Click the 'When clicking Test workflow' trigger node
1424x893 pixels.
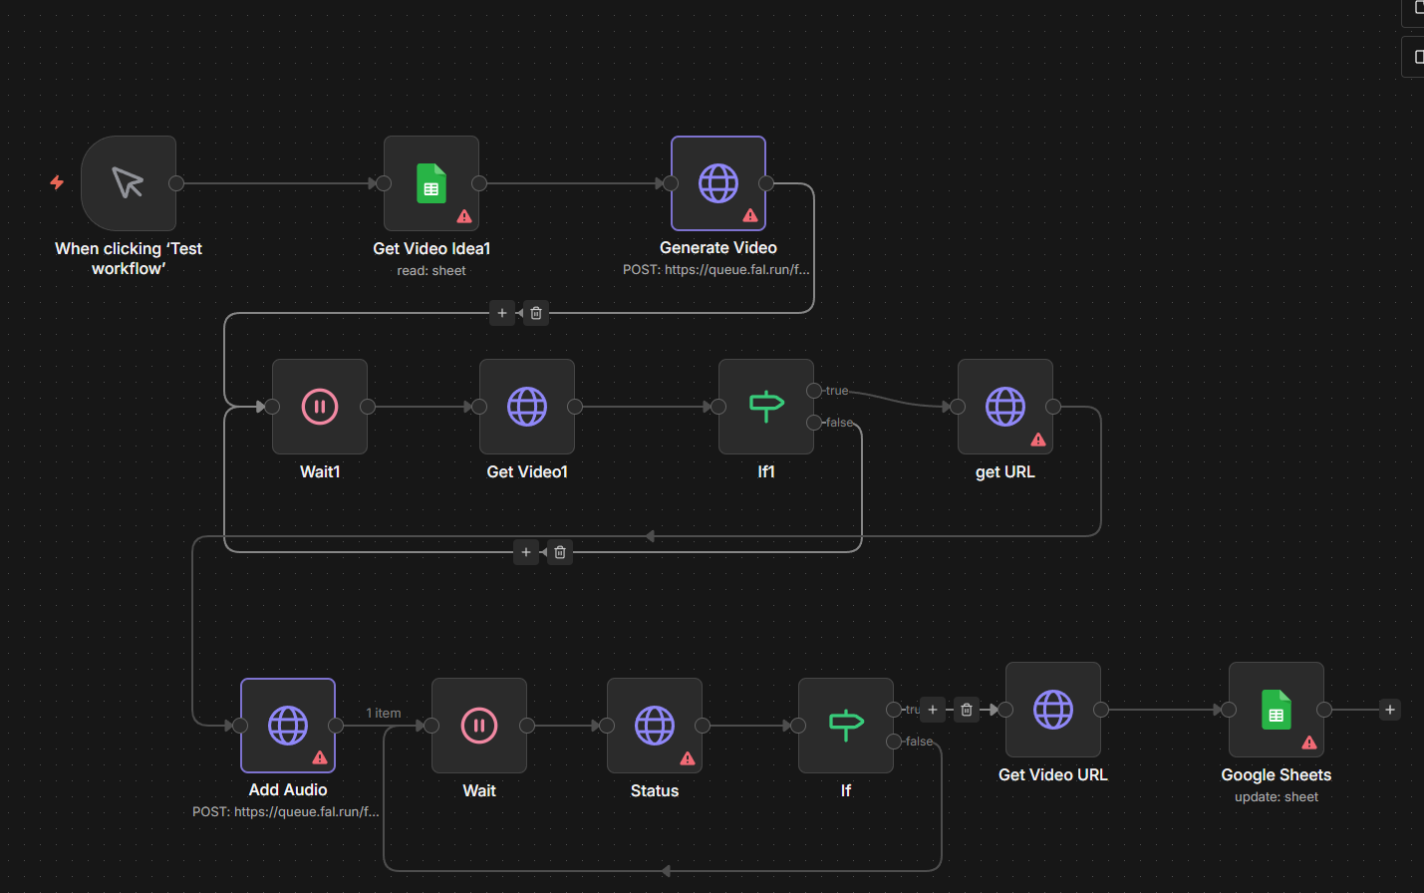(129, 183)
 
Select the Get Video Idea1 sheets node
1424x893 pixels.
(431, 183)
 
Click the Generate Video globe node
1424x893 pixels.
(718, 183)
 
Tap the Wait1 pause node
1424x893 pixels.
(320, 407)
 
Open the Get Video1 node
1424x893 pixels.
(527, 407)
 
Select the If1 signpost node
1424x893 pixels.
(766, 407)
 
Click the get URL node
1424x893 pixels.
(1005, 407)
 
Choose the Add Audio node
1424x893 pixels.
(288, 726)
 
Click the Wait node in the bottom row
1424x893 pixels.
(479, 726)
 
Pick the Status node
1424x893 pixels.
(655, 726)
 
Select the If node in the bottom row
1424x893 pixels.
(846, 726)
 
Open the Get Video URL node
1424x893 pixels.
(1053, 710)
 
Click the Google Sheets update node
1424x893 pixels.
(1277, 710)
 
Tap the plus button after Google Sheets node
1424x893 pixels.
(1390, 710)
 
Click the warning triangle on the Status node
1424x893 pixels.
(688, 758)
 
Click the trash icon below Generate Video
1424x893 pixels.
(536, 313)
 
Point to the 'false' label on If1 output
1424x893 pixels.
(839, 423)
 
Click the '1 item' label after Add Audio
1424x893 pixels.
(384, 713)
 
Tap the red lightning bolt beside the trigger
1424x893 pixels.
(57, 182)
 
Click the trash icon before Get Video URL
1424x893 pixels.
(967, 710)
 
